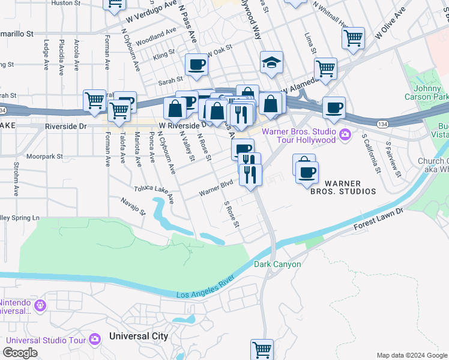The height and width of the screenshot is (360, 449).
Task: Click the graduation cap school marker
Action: tap(271, 62)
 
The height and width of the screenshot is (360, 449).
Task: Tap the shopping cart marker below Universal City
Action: tap(262, 349)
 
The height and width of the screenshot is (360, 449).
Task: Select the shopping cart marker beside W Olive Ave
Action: tap(353, 38)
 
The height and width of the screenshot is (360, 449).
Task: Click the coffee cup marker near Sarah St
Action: tap(196, 65)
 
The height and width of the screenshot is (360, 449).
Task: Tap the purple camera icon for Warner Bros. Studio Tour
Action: tap(345, 134)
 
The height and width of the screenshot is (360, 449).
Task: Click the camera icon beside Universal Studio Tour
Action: tap(95, 340)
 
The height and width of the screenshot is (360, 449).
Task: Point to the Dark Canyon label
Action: tap(277, 264)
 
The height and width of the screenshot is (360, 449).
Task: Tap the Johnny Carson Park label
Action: tap(431, 92)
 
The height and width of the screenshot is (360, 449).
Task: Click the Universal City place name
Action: tap(139, 336)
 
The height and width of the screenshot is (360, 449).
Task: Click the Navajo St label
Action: tap(134, 206)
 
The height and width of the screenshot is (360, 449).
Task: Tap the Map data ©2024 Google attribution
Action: tap(411, 355)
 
